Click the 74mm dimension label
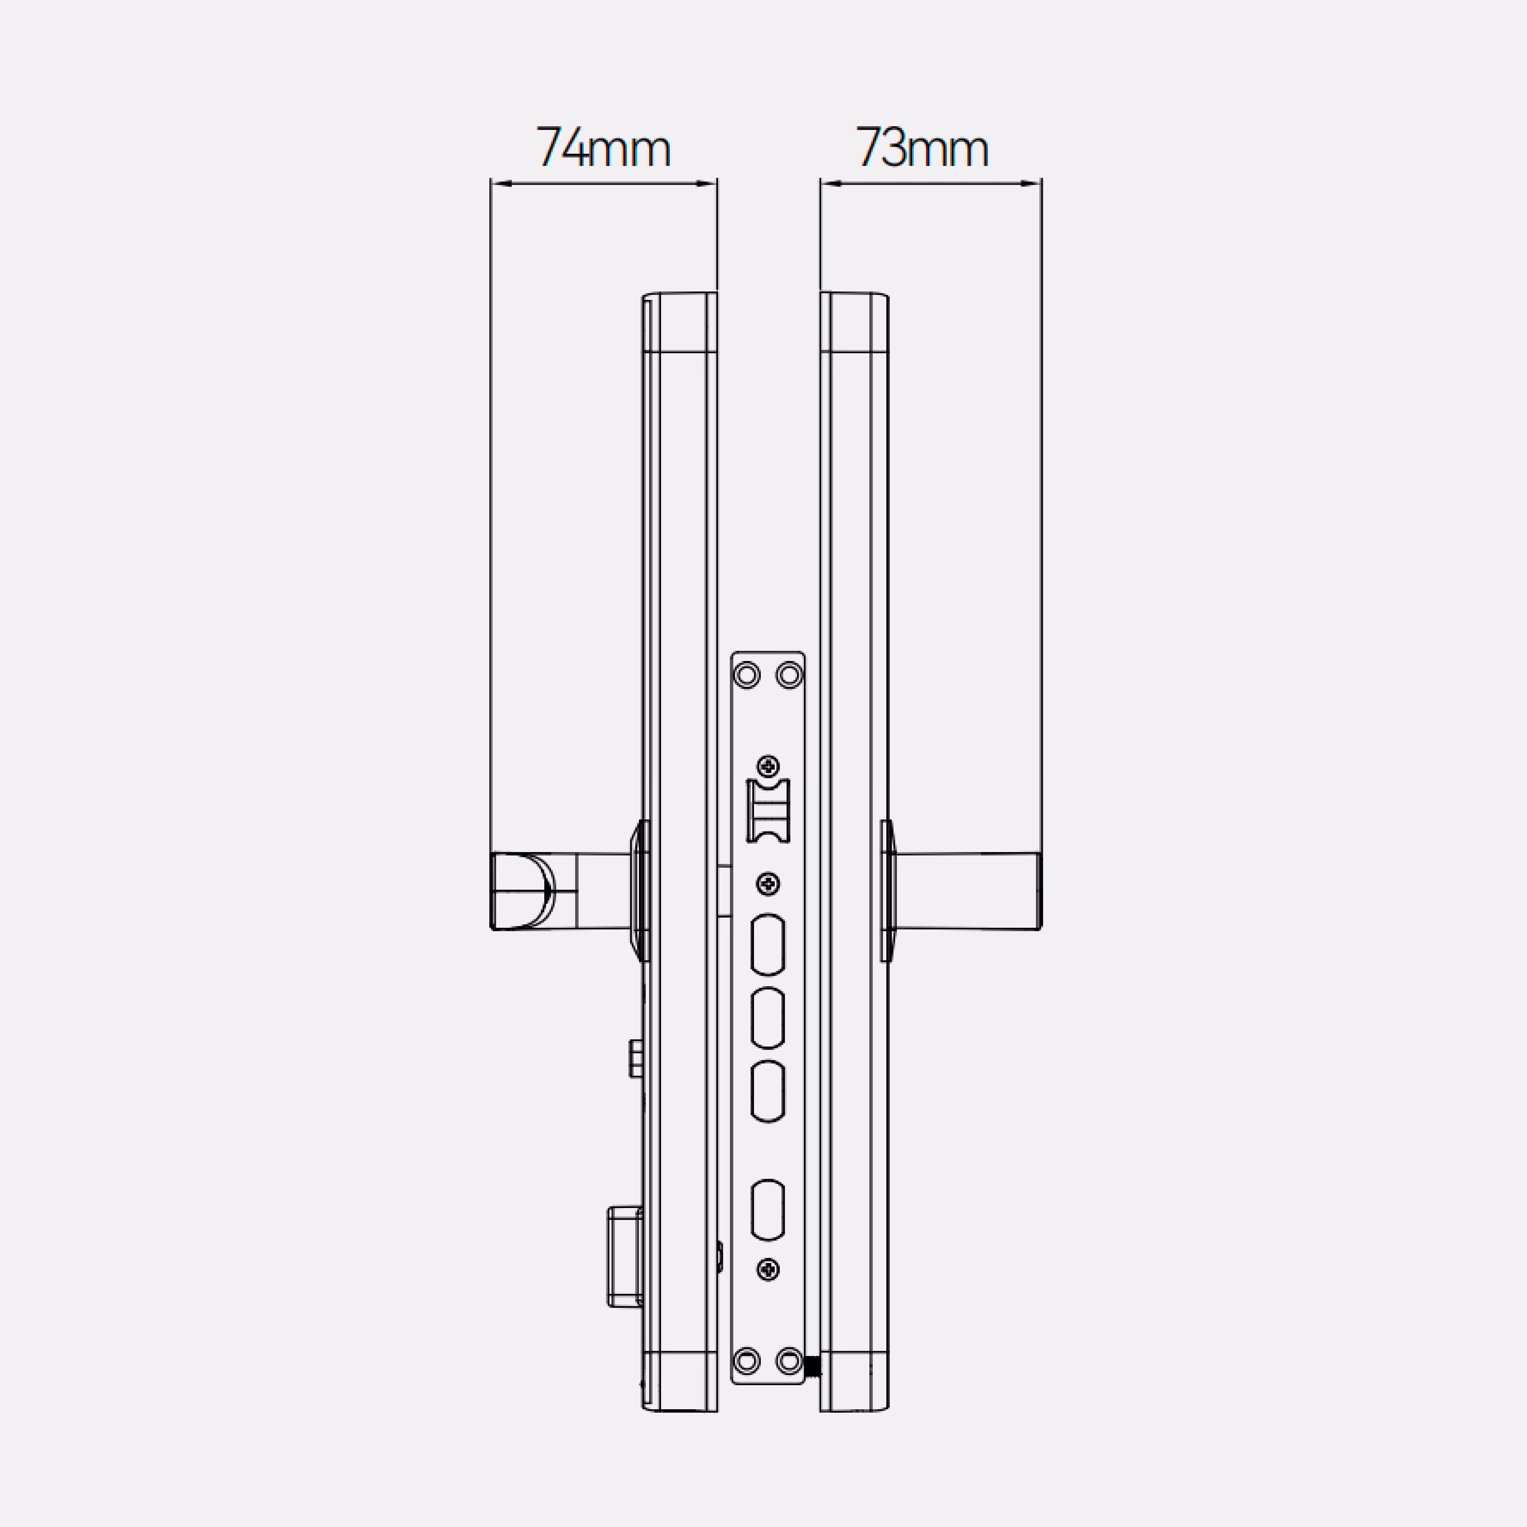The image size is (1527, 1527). (x=603, y=147)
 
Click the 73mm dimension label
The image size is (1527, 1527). (x=922, y=147)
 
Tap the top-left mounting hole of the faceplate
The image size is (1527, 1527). (x=747, y=675)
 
